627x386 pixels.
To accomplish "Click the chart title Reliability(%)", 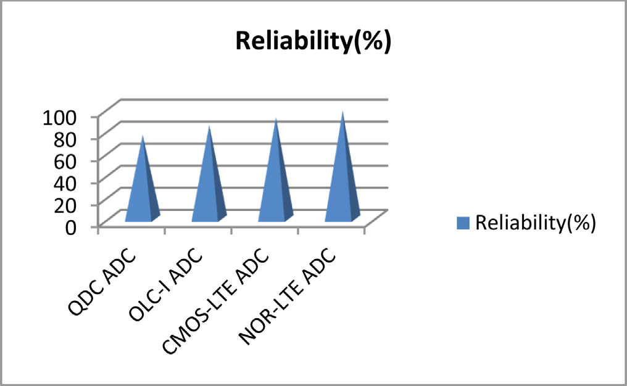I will pos(313,43).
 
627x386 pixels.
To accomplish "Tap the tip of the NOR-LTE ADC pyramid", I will pos(342,113).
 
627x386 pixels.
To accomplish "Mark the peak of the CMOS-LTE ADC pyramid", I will pos(276,119).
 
